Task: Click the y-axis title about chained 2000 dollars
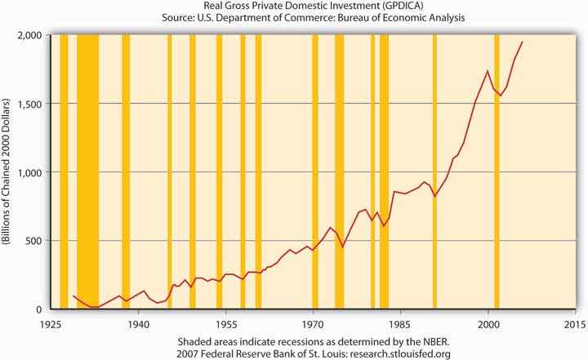(x=9, y=172)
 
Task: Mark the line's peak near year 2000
(x=488, y=71)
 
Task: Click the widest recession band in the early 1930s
(x=87, y=171)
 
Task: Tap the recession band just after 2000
(x=496, y=171)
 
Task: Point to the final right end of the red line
(x=523, y=42)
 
